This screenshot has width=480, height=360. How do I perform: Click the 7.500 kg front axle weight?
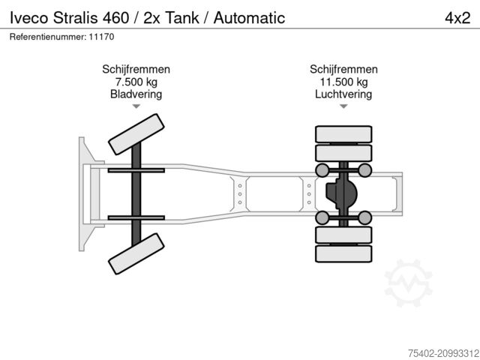click(x=136, y=82)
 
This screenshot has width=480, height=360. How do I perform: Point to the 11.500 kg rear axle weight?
click(x=343, y=82)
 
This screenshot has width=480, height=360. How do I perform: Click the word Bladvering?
click(x=136, y=94)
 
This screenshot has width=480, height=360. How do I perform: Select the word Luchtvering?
click(x=343, y=94)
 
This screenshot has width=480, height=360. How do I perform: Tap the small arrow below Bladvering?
click(x=136, y=107)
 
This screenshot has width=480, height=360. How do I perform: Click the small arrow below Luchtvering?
click(x=343, y=107)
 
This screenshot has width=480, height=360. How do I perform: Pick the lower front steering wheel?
click(x=136, y=252)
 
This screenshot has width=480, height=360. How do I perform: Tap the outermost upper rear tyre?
click(x=343, y=135)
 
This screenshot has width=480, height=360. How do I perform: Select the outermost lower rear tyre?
click(x=343, y=253)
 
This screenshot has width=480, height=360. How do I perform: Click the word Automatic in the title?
click(x=249, y=17)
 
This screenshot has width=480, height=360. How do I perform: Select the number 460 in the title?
click(x=118, y=17)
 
